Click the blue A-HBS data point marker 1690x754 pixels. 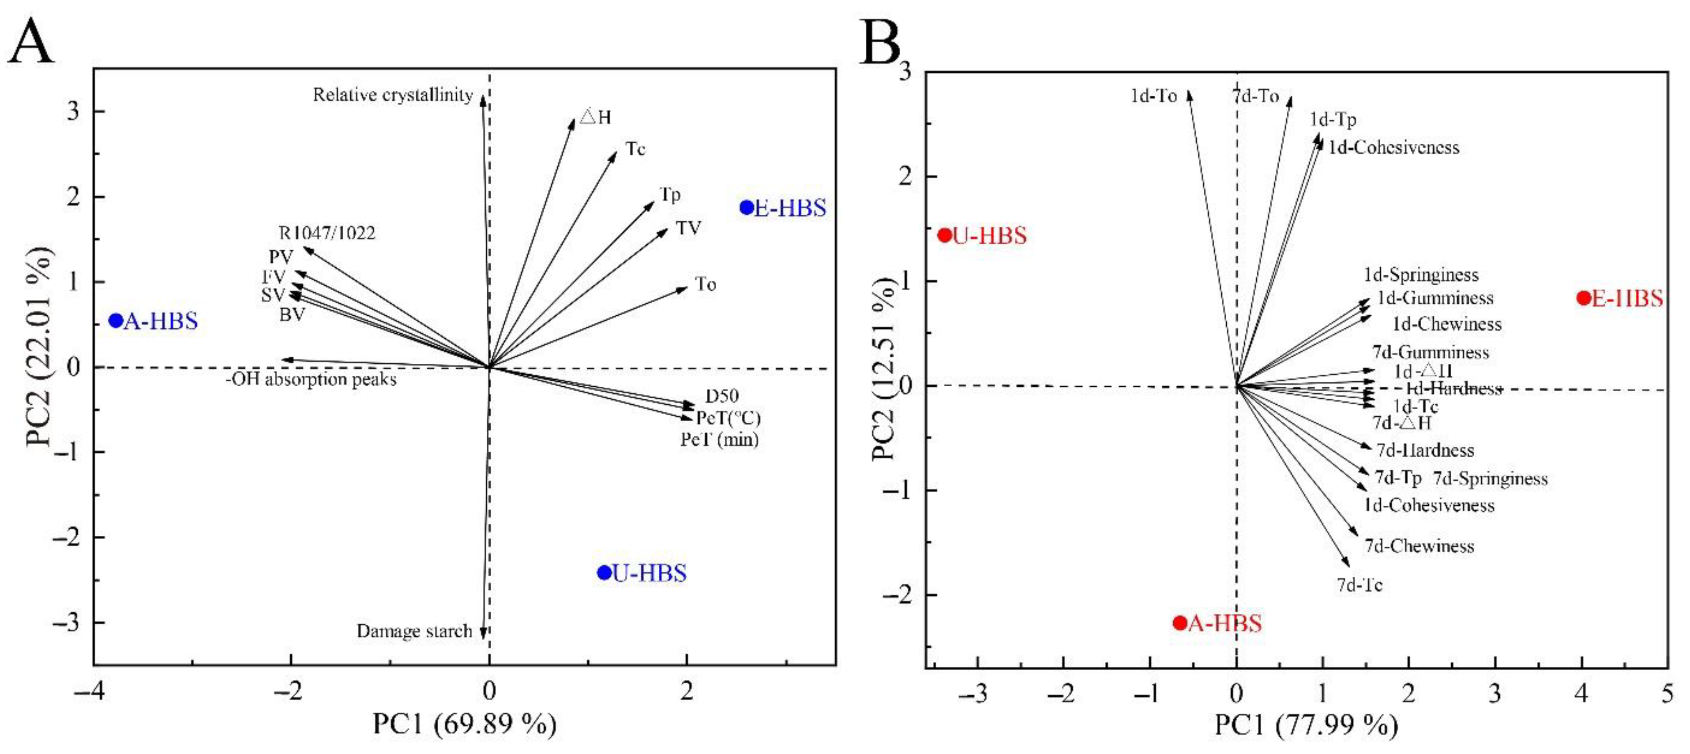tap(116, 321)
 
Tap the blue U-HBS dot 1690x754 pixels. tap(604, 572)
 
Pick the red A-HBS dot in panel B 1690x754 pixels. tap(1179, 622)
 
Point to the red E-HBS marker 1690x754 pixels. tap(1584, 298)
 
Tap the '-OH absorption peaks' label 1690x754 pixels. tap(311, 380)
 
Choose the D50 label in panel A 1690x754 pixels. tap(721, 396)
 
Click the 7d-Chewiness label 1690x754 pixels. tap(1419, 546)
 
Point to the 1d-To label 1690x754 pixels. tap(1153, 97)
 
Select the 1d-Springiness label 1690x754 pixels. tap(1421, 275)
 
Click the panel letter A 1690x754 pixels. tap(31, 41)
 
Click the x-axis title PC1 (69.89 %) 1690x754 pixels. tap(465, 724)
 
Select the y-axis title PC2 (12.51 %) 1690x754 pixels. tap(884, 369)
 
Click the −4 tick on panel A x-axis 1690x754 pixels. tap(90, 691)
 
